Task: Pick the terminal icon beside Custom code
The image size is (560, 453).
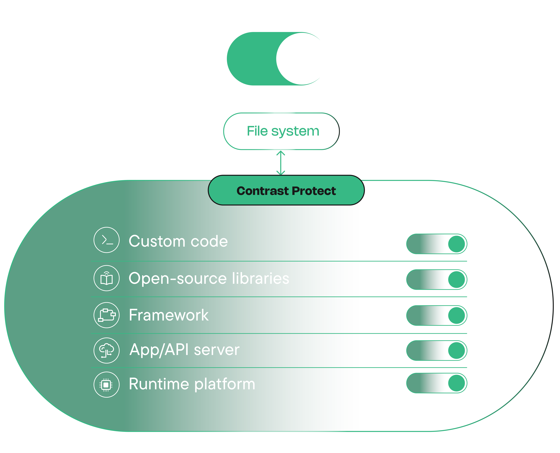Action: pos(107,240)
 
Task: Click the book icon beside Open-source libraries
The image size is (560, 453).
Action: pos(107,278)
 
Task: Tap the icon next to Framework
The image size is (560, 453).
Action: pos(107,315)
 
